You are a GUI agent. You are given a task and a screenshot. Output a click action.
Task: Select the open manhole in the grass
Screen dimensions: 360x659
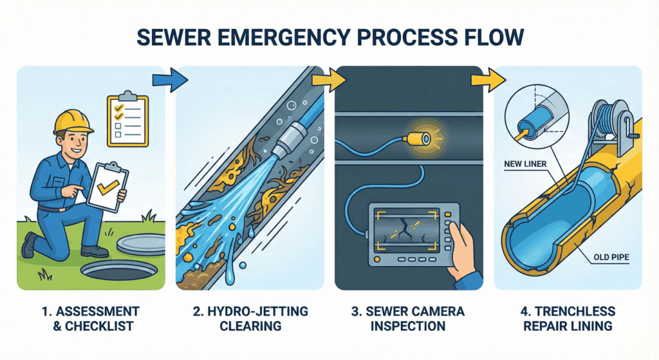tap(118, 270)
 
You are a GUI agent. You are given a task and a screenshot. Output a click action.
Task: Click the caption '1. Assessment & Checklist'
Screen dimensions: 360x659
tap(89, 319)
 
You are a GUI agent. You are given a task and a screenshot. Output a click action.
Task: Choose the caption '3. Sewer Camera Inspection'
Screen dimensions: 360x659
tap(409, 319)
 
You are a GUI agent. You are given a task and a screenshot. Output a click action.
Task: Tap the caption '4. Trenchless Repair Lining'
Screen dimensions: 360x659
tap(568, 319)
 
